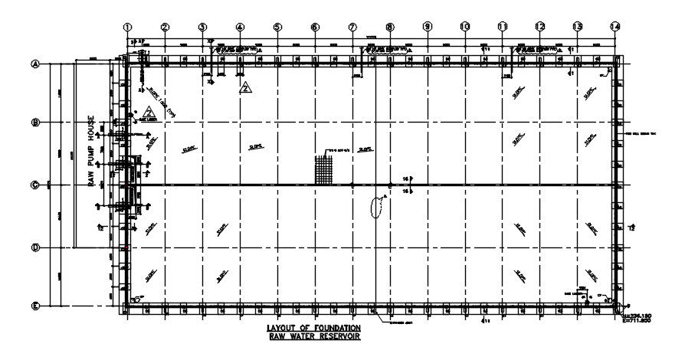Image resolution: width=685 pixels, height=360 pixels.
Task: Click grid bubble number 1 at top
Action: click(x=127, y=27)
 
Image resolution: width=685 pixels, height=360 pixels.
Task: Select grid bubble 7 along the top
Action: click(x=352, y=27)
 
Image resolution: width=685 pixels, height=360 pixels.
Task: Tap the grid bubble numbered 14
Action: click(x=615, y=27)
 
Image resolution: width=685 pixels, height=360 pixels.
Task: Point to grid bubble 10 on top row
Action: click(x=465, y=27)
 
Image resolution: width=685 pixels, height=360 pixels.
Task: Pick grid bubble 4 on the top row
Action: click(x=240, y=27)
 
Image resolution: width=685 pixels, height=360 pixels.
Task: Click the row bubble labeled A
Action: click(x=34, y=64)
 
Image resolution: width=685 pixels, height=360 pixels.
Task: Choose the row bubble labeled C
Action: click(x=34, y=185)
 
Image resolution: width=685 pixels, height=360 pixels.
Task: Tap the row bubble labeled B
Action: click(x=34, y=123)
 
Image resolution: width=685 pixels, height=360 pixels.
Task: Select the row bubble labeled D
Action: click(x=34, y=247)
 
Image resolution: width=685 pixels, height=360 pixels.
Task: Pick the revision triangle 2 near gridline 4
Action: click(x=245, y=88)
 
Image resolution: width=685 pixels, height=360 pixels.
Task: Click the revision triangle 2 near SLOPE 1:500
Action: click(x=149, y=112)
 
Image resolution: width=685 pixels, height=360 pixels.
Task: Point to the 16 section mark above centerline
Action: click(x=407, y=178)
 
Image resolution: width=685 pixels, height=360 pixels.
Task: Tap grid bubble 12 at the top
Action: click(x=539, y=27)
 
